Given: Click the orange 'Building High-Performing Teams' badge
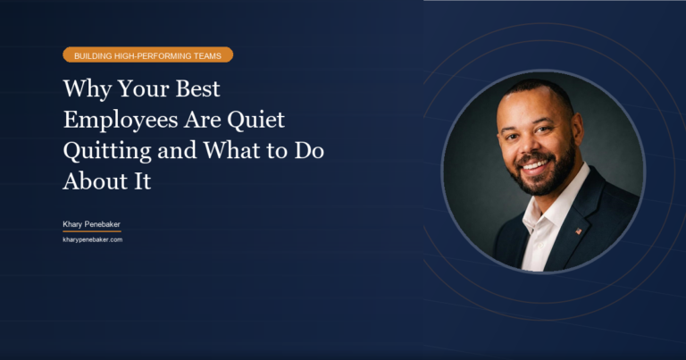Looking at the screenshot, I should [147, 54].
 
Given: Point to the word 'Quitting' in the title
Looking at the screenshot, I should [99, 151].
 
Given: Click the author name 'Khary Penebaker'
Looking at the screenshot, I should [91, 222].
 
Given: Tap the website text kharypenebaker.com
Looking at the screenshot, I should [92, 239].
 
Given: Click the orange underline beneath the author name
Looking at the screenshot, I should [91, 230].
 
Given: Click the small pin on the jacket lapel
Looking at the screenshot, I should [578, 231].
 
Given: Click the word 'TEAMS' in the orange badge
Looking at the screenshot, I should [208, 54].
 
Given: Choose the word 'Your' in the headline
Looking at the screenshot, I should [142, 91].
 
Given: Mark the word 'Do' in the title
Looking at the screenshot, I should [309, 151].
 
